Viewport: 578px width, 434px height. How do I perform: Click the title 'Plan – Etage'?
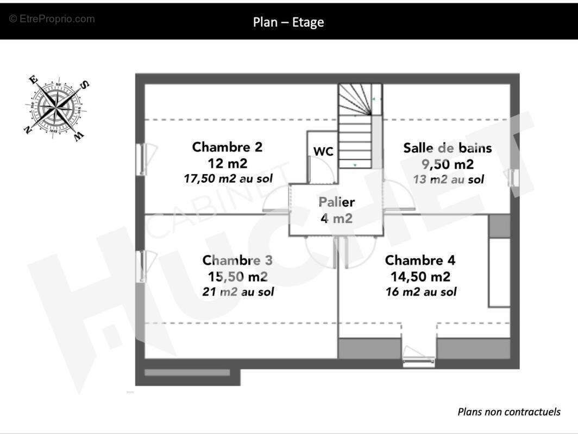click(288, 22)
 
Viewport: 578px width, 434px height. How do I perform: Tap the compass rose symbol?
click(56, 107)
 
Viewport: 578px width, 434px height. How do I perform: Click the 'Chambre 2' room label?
click(227, 147)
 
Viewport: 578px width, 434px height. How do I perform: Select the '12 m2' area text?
click(227, 163)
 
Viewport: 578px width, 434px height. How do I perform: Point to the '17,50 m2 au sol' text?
click(228, 178)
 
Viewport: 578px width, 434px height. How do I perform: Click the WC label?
click(323, 151)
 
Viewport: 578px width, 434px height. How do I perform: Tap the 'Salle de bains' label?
click(448, 148)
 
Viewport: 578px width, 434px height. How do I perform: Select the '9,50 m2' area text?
click(448, 164)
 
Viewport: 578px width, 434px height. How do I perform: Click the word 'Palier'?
click(337, 202)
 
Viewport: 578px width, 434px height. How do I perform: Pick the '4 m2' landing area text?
click(337, 218)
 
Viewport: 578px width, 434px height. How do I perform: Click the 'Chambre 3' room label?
click(237, 260)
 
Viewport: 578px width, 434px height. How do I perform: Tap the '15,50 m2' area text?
click(238, 277)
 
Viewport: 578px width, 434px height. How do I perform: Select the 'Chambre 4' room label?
click(420, 260)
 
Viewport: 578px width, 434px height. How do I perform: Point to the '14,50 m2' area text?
click(420, 277)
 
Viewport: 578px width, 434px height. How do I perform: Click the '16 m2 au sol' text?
click(421, 292)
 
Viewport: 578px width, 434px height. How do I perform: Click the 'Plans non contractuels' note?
click(509, 412)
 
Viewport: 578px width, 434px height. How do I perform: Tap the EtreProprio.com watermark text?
click(52, 19)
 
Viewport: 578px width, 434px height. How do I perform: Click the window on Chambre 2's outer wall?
click(142, 159)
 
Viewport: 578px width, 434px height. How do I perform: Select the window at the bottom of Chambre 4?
click(418, 356)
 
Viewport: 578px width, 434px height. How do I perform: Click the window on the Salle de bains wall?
click(513, 178)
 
